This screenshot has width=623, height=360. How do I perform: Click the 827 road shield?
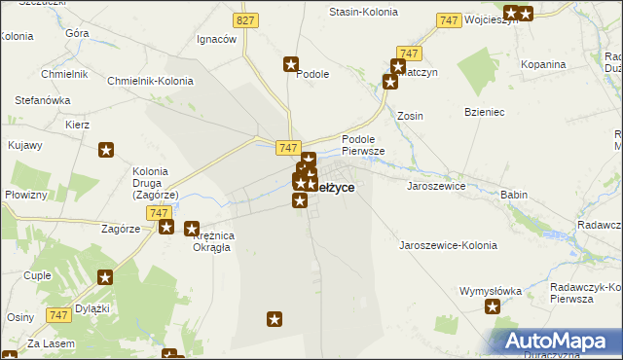pyautogui.click(x=246, y=19)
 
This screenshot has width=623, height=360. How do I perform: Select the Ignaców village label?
pyautogui.click(x=217, y=39)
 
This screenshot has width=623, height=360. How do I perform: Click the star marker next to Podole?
pyautogui.click(x=291, y=65)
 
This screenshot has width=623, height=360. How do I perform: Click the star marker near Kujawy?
pyautogui.click(x=107, y=150)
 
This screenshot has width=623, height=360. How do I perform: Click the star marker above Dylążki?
pyautogui.click(x=105, y=277)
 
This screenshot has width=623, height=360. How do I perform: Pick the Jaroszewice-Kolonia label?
pyautogui.click(x=449, y=246)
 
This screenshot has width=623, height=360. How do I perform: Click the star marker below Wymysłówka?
pyautogui.click(x=493, y=308)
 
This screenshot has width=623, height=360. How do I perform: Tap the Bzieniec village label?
pyautogui.click(x=484, y=113)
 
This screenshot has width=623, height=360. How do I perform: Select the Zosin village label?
pyautogui.click(x=410, y=116)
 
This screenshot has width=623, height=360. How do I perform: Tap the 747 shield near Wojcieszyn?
pyautogui.click(x=449, y=20)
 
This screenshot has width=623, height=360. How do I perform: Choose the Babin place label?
pyautogui.click(x=513, y=195)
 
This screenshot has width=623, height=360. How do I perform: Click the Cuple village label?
pyautogui.click(x=37, y=275)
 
